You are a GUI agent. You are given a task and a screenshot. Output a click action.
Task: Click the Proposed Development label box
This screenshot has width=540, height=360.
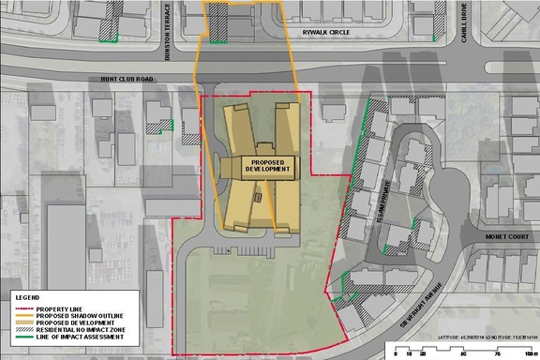(x=257, y=164)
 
